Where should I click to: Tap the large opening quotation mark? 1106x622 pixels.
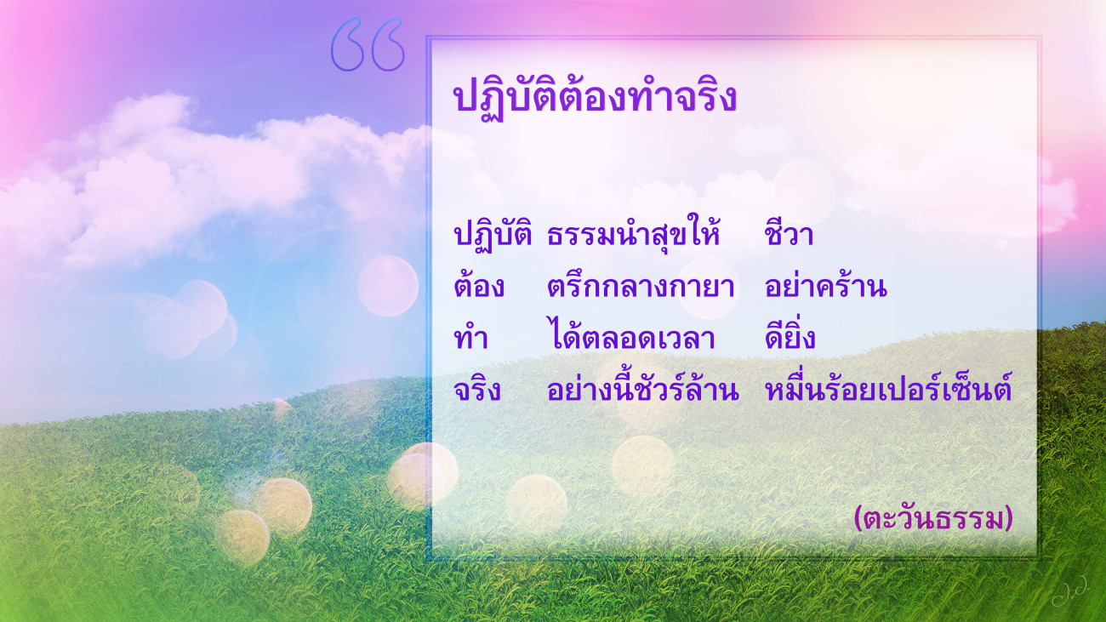click(368, 44)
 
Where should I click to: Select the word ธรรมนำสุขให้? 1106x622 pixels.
click(634, 233)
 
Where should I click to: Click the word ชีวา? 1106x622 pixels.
click(789, 232)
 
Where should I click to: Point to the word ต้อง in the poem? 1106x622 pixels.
click(479, 285)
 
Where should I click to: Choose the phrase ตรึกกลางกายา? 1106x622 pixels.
click(641, 286)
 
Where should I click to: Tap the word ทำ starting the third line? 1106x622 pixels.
click(470, 338)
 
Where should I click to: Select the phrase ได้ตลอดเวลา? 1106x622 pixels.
click(631, 335)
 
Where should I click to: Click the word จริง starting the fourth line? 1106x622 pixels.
click(477, 389)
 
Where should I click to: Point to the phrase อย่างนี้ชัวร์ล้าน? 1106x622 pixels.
click(643, 386)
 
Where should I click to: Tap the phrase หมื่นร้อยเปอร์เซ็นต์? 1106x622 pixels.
click(888, 386)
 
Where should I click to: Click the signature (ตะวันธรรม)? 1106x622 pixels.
click(933, 519)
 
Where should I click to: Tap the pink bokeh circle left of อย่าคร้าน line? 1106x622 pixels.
click(388, 286)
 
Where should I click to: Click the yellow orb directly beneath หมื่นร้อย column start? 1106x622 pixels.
click(643, 465)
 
